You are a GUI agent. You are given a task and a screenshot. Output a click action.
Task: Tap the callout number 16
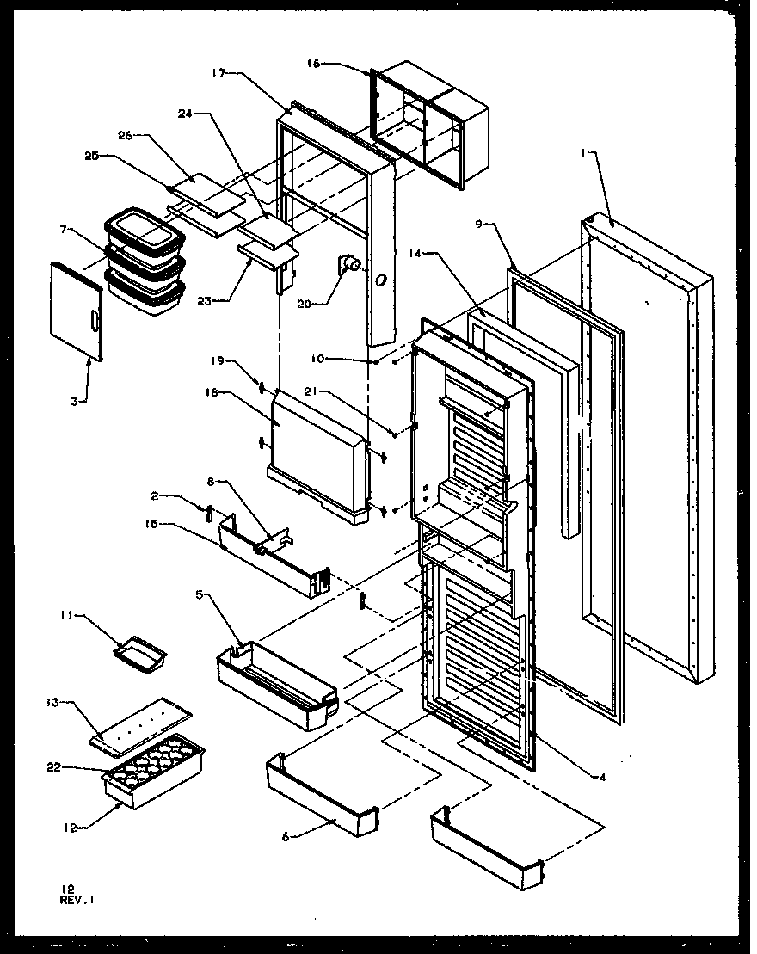313,64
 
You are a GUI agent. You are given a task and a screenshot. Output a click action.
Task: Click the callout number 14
416,254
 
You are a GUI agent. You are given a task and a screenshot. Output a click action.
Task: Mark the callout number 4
602,778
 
